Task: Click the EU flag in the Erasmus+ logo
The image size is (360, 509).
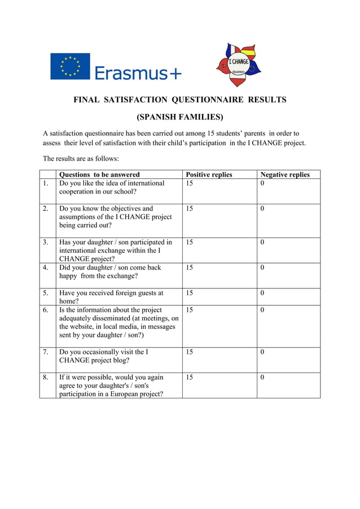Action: click(70, 66)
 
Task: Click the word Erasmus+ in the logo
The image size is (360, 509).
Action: click(138, 72)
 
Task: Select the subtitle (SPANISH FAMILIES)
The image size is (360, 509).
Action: click(180, 117)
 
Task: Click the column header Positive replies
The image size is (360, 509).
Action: click(209, 174)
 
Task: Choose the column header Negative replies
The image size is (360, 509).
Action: click(285, 174)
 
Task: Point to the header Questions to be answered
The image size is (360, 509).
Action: click(99, 174)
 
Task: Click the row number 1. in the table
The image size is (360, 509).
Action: click(45, 183)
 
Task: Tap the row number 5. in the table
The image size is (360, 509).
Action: click(45, 293)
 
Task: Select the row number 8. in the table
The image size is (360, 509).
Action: click(45, 378)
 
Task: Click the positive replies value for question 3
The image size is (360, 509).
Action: click(189, 243)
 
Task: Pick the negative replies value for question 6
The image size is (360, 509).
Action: click(262, 310)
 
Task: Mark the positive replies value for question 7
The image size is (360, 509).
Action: click(189, 352)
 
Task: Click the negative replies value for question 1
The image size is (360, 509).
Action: click(262, 183)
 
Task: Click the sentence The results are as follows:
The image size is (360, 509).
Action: click(81, 158)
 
